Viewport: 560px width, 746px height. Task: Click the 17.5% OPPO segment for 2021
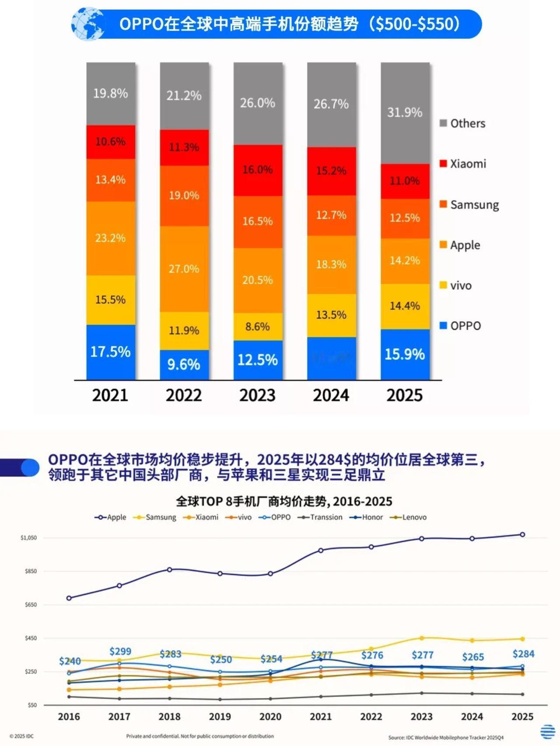click(x=110, y=352)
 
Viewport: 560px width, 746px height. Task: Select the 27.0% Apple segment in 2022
click(x=184, y=268)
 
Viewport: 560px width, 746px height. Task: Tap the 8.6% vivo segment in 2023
click(x=257, y=327)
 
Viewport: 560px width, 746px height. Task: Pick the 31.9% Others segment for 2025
click(x=405, y=112)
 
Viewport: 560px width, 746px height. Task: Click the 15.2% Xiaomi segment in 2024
click(x=331, y=171)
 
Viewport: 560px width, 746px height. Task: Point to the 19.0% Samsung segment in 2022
click(x=184, y=195)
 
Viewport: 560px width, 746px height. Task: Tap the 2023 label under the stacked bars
click(x=257, y=395)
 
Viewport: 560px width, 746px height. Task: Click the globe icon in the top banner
click(x=88, y=24)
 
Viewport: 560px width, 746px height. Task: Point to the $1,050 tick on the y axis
click(x=29, y=538)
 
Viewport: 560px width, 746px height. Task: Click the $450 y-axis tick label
click(x=31, y=638)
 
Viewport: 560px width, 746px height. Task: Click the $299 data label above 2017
click(x=120, y=652)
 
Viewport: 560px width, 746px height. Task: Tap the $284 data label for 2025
click(x=523, y=654)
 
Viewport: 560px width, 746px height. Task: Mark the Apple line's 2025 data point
click(x=522, y=534)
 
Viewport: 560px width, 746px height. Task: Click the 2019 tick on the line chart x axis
click(x=220, y=717)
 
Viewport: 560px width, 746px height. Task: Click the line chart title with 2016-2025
click(x=284, y=501)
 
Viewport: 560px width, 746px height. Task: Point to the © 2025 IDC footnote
click(x=21, y=736)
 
